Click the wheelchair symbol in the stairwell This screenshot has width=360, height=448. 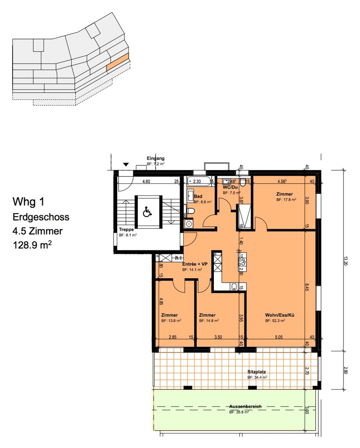147,213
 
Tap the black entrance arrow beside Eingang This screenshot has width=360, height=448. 126,164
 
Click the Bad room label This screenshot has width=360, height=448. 198,196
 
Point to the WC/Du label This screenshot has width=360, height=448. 231,187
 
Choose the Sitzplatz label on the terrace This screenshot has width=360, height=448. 257,371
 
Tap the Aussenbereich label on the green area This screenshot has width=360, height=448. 245,406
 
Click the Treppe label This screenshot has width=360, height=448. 126,229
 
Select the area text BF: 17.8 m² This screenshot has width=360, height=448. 286,199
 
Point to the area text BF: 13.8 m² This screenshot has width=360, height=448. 171,321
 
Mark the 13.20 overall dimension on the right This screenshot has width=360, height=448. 346,261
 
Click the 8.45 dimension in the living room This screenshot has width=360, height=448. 307,287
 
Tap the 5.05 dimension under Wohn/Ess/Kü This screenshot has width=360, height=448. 280,337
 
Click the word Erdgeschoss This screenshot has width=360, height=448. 41,217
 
